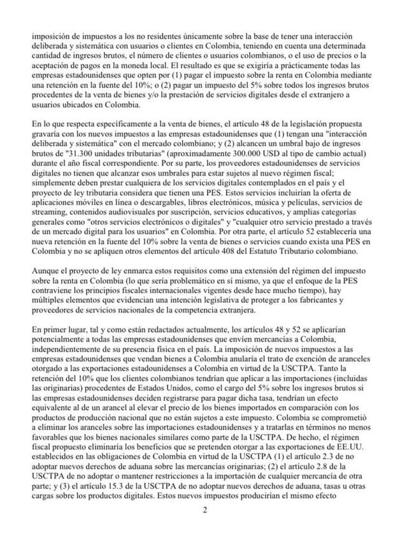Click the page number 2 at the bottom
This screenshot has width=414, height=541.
click(205, 510)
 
